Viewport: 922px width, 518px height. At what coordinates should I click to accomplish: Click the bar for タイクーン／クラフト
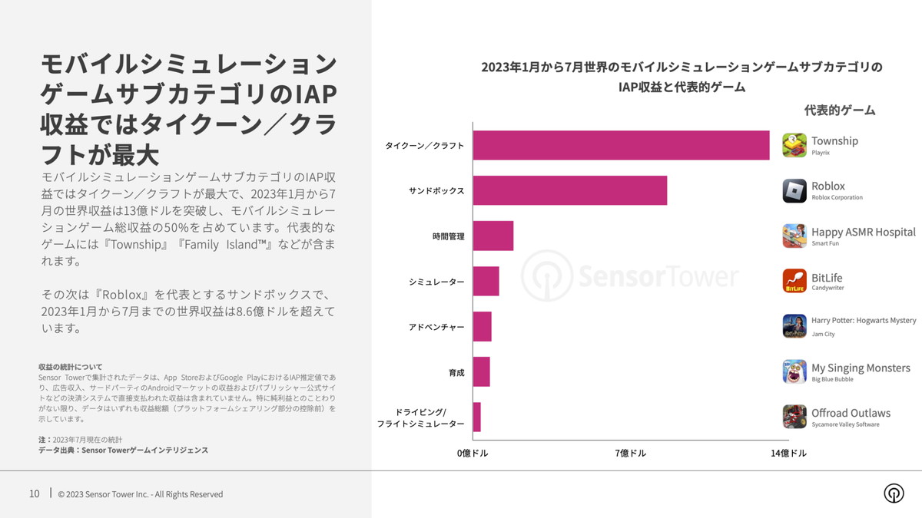(621, 145)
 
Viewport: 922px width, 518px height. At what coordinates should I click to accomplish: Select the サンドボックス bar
(569, 190)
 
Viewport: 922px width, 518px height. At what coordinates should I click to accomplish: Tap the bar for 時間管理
(493, 236)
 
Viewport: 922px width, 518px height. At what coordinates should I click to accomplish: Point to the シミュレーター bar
(486, 281)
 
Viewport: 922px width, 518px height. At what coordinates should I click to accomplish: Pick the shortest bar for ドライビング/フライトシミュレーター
(477, 417)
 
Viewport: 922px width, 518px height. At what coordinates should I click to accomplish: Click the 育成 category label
(456, 372)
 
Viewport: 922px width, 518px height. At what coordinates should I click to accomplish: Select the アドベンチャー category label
(436, 327)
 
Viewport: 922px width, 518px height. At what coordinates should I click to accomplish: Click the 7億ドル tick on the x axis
(631, 453)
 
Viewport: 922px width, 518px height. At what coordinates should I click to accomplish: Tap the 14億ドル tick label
(788, 453)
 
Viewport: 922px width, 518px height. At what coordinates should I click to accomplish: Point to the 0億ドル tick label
(473, 453)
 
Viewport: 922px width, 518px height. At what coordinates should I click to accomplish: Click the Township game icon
(794, 145)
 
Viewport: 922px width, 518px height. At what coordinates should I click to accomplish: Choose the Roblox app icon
(794, 190)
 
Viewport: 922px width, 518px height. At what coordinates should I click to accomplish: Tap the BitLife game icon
(794, 281)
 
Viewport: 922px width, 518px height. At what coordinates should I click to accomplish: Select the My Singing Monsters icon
(794, 371)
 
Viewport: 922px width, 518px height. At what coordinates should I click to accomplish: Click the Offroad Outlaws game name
(851, 413)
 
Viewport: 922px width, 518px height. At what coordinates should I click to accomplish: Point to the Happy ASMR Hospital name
(863, 232)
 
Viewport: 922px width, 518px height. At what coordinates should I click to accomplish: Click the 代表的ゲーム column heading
(840, 110)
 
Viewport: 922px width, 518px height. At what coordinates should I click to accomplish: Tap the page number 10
(35, 493)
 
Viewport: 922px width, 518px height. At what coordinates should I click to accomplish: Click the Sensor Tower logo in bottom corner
(894, 493)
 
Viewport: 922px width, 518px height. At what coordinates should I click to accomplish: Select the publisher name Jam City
(823, 334)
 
